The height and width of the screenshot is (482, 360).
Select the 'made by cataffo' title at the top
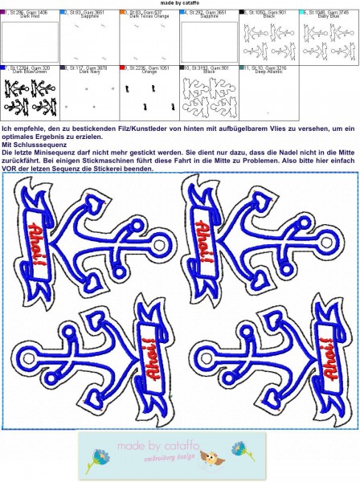(179, 4)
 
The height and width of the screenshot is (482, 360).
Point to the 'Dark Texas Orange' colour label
(149, 18)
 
